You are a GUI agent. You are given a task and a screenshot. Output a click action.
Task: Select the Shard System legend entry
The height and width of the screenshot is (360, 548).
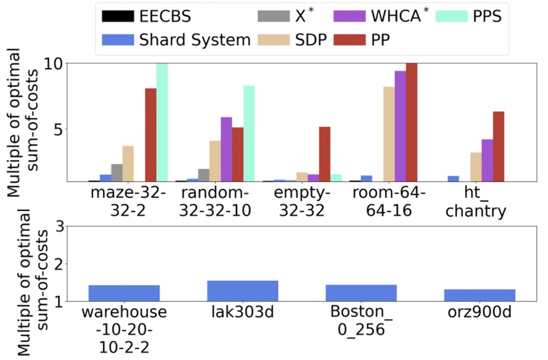[175, 39]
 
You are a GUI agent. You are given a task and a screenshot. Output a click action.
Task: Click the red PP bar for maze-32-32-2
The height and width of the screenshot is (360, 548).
[150, 134]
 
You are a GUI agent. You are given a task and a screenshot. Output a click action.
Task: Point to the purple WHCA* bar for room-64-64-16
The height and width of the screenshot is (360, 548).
[400, 126]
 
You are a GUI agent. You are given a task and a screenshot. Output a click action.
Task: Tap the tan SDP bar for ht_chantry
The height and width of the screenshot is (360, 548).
[475, 167]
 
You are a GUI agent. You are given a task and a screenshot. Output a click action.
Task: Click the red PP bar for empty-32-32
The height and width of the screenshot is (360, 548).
[324, 154]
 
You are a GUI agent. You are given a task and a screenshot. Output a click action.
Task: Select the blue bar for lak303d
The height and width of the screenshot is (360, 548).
[242, 291]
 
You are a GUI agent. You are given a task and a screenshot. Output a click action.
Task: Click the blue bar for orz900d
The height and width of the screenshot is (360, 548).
[488, 295]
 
